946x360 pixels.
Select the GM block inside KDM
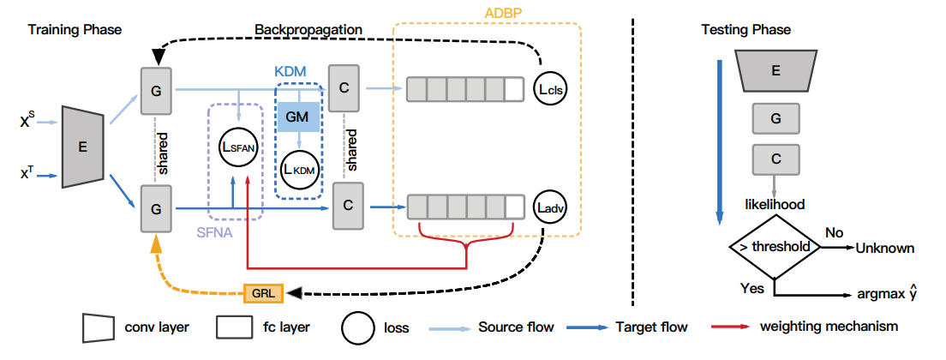click(x=297, y=115)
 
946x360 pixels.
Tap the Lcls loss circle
click(x=551, y=88)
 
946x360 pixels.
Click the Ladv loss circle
click(x=550, y=207)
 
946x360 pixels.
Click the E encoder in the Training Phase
click(x=83, y=147)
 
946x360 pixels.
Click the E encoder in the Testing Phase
click(x=775, y=71)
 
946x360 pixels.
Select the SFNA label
click(x=214, y=231)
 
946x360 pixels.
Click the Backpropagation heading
click(x=308, y=29)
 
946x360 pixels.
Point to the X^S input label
click(x=32, y=123)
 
